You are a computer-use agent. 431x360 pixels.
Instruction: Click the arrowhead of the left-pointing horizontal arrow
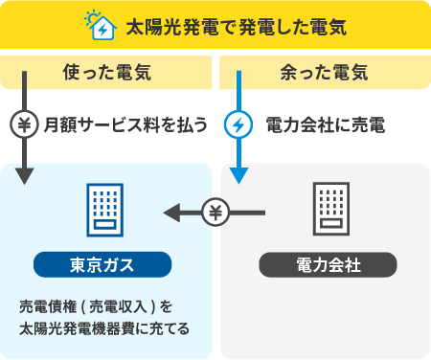coord(171,213)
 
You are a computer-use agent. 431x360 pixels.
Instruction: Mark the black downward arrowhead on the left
coord(24,175)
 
